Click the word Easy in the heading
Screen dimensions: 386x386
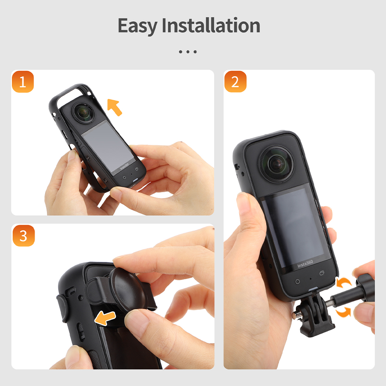point(138,26)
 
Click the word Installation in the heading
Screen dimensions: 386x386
point(211,25)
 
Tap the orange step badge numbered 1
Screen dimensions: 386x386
point(23,82)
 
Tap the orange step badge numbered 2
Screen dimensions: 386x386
point(235,82)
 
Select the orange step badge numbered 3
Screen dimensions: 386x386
point(23,236)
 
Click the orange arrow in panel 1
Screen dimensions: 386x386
point(114,107)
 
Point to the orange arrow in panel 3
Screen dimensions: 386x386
point(105,318)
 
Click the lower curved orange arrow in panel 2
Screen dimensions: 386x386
point(344,312)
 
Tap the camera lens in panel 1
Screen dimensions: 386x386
point(84,112)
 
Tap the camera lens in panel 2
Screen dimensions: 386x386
point(277,164)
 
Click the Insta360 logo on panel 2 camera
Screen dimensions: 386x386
point(305,264)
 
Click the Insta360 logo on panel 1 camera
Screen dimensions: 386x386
point(124,166)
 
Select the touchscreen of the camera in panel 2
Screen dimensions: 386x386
point(295,226)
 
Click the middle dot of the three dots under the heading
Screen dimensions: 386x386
point(188,52)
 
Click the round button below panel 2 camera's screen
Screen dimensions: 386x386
point(297,281)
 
